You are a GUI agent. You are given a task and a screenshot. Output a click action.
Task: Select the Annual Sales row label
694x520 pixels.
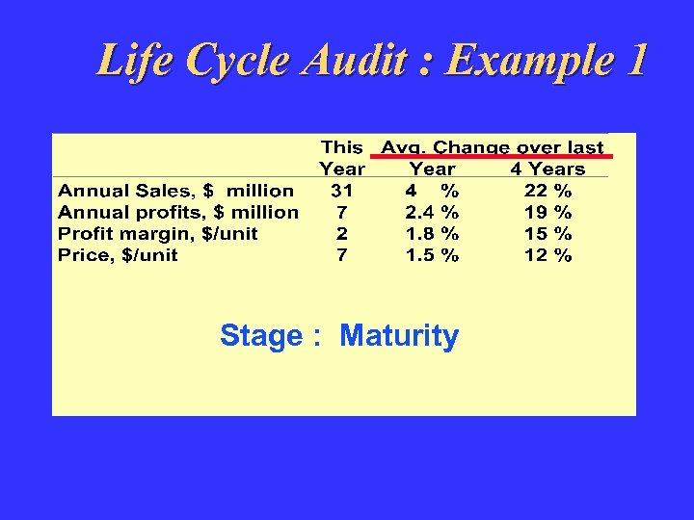click(176, 191)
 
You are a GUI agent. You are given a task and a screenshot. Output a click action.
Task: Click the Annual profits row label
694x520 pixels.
click(178, 212)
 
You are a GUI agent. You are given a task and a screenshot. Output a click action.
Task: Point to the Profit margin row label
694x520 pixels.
click(158, 234)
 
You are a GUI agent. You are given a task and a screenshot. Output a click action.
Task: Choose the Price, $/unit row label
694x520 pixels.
click(119, 255)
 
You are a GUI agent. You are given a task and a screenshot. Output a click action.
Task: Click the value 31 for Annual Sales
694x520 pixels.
click(341, 191)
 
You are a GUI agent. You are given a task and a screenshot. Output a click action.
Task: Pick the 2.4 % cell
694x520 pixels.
click(432, 212)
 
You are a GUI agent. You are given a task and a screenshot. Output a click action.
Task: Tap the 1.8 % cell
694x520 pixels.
click(432, 234)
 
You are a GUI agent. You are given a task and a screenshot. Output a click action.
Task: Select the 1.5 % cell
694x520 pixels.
click(432, 255)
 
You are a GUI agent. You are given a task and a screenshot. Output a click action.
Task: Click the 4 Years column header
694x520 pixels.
click(547, 169)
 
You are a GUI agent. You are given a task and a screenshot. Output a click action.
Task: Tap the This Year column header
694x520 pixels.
click(342, 158)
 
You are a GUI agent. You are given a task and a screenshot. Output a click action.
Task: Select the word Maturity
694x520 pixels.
click(399, 336)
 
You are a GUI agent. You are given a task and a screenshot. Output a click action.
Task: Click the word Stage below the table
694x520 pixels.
click(260, 336)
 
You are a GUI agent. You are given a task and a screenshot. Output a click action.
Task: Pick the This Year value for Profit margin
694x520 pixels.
click(341, 234)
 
